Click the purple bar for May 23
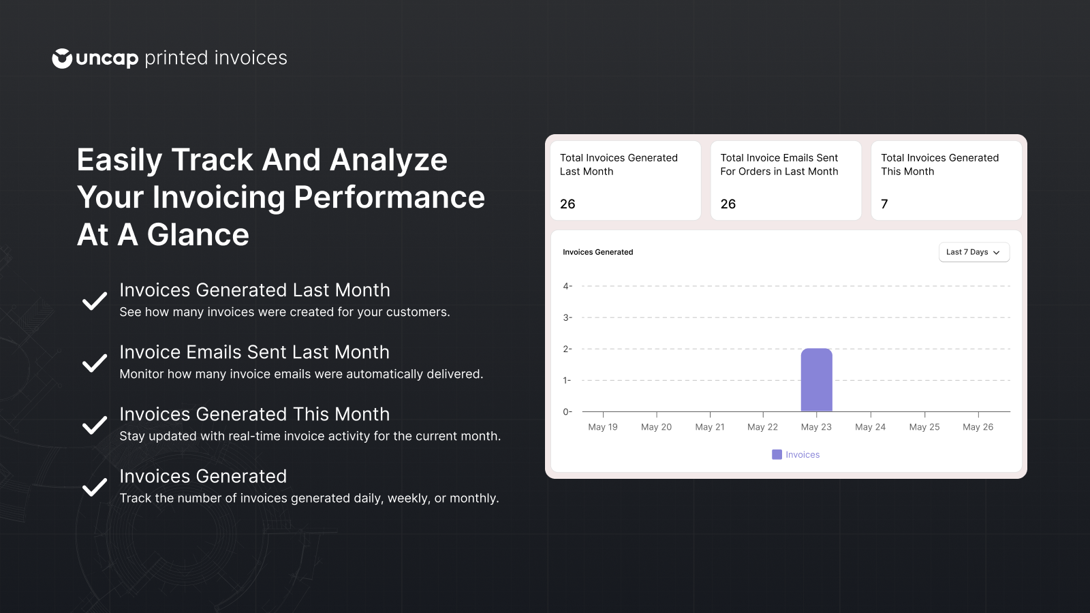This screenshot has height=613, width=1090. [816, 380]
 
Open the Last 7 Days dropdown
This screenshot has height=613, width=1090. [974, 252]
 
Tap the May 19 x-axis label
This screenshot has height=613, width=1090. [603, 427]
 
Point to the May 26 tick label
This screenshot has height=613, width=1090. [978, 427]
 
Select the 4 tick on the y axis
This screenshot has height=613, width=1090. [567, 286]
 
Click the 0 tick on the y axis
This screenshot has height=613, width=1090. [567, 411]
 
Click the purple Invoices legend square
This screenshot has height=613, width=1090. [777, 454]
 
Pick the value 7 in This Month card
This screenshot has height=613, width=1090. [884, 204]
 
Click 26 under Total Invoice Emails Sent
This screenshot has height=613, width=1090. [728, 204]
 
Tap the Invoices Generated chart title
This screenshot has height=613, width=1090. [597, 252]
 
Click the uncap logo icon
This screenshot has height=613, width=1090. [62, 59]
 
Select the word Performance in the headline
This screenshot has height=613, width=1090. [389, 198]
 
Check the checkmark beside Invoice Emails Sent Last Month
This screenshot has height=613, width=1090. [95, 363]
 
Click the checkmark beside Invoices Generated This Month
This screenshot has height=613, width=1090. [95, 425]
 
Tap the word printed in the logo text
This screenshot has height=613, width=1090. [176, 59]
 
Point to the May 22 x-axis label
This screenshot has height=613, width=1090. [762, 427]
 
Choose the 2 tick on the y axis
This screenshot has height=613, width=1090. [567, 349]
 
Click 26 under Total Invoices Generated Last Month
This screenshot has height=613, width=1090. [567, 204]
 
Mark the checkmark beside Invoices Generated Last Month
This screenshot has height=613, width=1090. [95, 301]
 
